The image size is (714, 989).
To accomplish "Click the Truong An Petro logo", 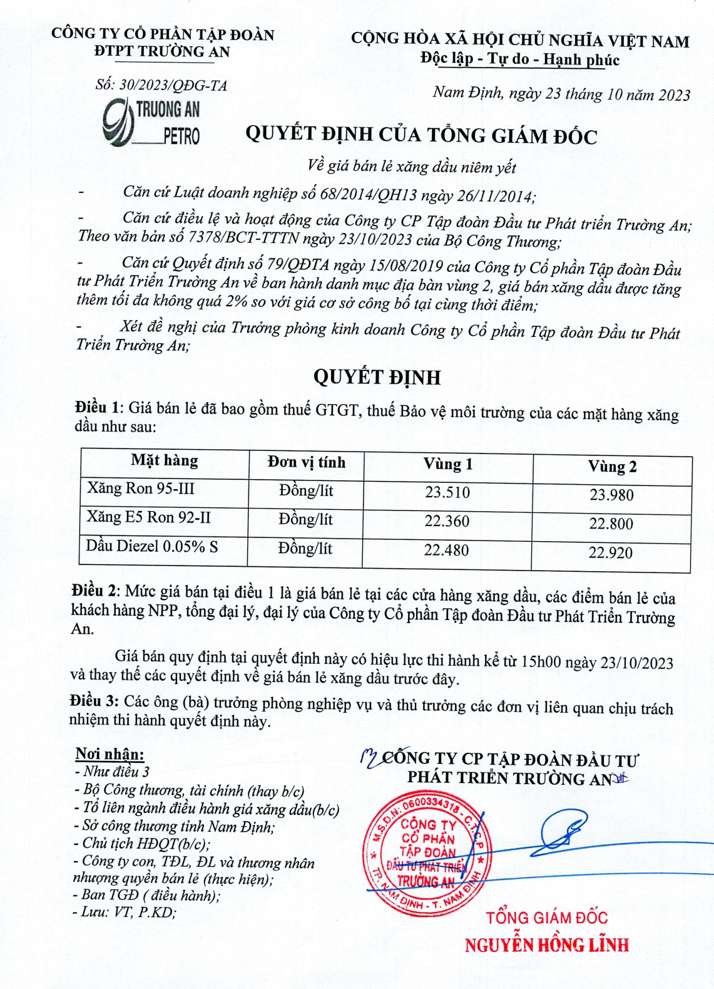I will [151, 122].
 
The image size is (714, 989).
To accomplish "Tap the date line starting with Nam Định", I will [561, 94].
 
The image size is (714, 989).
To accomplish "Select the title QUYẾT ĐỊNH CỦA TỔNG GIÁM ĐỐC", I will [421, 135].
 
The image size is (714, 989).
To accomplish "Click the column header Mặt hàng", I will [165, 462].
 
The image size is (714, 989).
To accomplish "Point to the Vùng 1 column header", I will [447, 464].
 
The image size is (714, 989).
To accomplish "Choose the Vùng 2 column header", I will [612, 467].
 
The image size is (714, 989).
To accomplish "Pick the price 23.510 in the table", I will [447, 492].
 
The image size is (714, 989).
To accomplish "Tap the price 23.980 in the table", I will [611, 495].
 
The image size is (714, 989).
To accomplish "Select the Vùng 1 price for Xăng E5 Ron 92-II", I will [446, 521].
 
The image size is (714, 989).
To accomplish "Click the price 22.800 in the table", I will [611, 524].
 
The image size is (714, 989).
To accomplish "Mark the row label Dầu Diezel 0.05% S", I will [152, 546].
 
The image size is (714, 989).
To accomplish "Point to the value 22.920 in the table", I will [610, 552].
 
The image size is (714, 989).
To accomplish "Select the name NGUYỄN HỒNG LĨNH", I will [546, 945].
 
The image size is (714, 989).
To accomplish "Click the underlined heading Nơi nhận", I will [110, 753].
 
